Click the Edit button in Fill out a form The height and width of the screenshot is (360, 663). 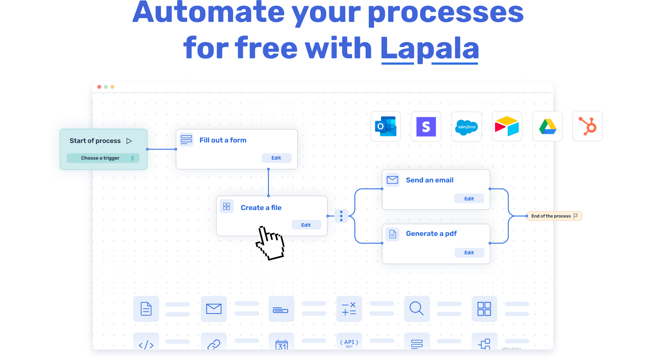[x=276, y=158]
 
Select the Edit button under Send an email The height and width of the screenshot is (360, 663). [x=469, y=199]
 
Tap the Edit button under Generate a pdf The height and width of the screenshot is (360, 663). [x=469, y=253]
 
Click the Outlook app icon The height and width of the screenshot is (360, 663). [x=386, y=126]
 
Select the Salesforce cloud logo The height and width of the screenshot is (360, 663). [x=467, y=127]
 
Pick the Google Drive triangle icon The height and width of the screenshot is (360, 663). [x=547, y=126]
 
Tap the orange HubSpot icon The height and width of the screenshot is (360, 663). [x=588, y=126]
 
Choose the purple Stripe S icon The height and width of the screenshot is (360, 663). [x=426, y=126]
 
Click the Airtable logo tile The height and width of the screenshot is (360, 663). [x=507, y=126]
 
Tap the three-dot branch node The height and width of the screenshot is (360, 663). [x=341, y=216]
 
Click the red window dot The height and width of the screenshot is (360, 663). [x=99, y=87]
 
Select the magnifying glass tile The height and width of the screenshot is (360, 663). [x=417, y=309]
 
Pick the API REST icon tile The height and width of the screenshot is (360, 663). [x=349, y=342]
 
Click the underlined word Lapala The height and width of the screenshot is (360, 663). [x=429, y=48]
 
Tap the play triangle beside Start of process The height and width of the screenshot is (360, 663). [x=129, y=141]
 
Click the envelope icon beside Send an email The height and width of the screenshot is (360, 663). [x=392, y=180]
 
